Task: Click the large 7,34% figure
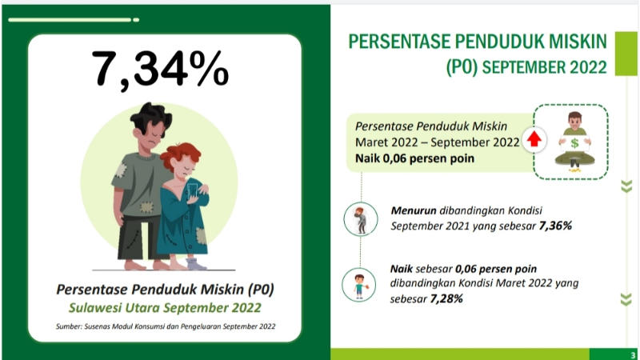[160, 69]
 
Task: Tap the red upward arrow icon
[534, 139]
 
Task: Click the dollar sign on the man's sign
[574, 143]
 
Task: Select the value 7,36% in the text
[555, 226]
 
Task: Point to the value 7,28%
[446, 298]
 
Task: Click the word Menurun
[413, 210]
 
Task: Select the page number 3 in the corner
[633, 355]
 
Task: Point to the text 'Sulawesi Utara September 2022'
[165, 307]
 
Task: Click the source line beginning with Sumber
[166, 326]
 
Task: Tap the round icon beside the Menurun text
[361, 219]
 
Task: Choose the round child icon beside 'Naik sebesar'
[358, 285]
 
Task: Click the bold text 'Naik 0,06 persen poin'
[414, 158]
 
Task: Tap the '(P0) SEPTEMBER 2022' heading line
[526, 67]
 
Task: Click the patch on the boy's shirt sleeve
[120, 170]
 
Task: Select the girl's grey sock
[195, 264]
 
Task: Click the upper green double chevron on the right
[626, 186]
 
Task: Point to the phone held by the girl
[192, 191]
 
